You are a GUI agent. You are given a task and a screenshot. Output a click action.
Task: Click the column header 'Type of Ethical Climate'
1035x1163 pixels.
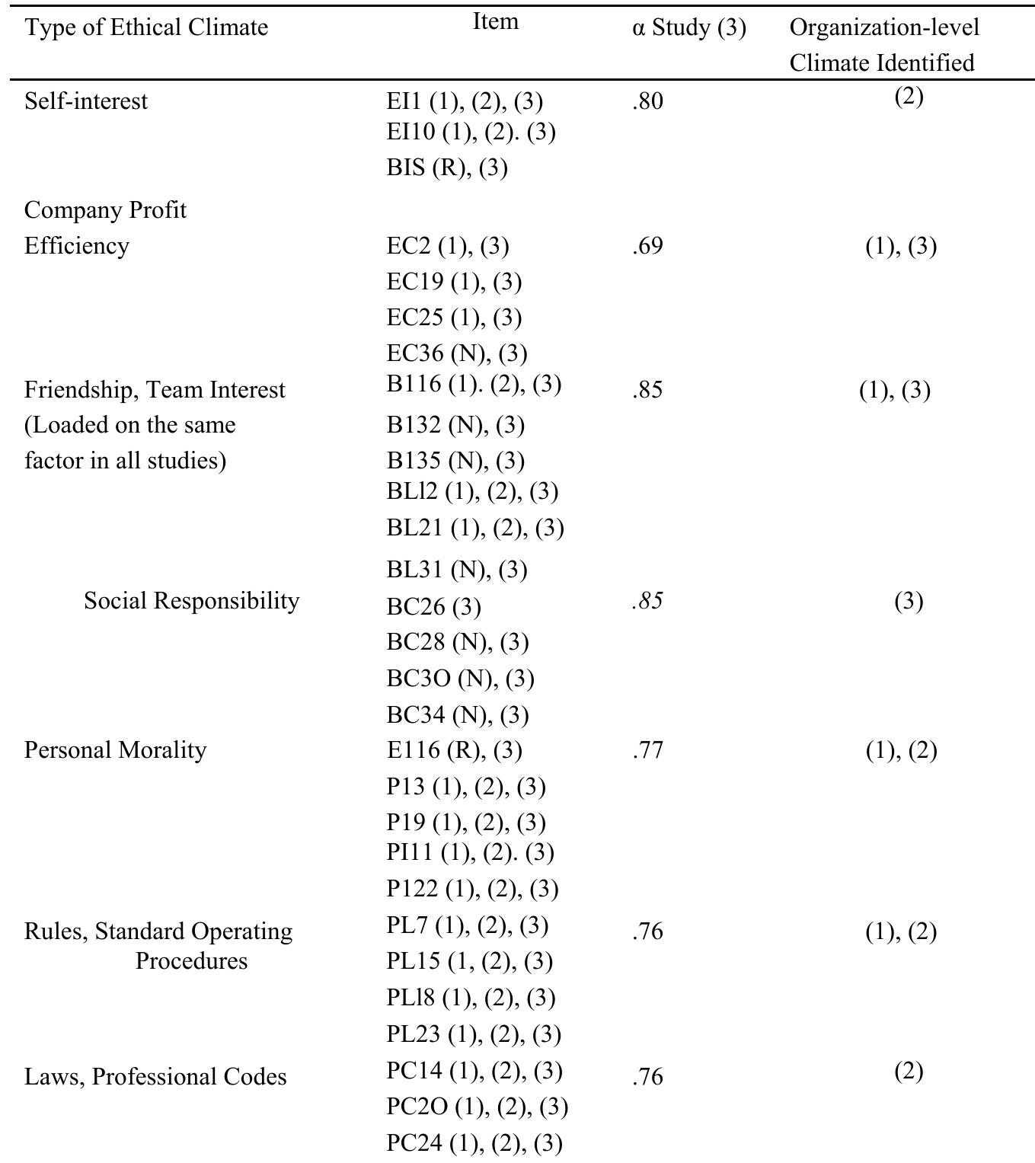[x=146, y=28]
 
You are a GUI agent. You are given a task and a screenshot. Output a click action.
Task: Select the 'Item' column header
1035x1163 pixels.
[x=496, y=21]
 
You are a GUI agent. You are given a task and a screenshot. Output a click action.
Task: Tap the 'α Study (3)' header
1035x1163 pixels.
[x=688, y=28]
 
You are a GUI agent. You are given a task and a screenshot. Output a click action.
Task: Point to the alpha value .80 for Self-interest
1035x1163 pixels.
[x=647, y=101]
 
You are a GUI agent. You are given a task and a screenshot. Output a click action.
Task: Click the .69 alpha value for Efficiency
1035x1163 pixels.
[x=647, y=246]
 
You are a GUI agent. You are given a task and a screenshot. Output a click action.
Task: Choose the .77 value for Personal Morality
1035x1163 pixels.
[x=647, y=750]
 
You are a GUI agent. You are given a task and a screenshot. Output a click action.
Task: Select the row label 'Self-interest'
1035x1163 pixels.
[x=86, y=101]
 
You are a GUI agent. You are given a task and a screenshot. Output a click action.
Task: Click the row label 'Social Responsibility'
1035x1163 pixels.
[x=192, y=601]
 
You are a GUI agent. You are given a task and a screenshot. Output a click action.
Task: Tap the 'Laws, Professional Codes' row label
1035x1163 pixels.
[x=155, y=1077]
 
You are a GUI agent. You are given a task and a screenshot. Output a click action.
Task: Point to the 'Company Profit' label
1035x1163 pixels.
[x=105, y=210]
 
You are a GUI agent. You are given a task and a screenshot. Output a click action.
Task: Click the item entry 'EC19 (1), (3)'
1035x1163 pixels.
[x=454, y=282]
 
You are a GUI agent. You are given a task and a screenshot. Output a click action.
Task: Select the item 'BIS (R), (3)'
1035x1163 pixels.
[x=447, y=168]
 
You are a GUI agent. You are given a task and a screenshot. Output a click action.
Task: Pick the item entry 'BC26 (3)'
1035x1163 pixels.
[x=433, y=607]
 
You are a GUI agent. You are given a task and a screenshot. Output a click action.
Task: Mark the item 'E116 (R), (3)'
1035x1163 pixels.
[x=454, y=750]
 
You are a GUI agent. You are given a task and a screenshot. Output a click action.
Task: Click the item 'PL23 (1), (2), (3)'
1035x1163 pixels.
[x=474, y=1034]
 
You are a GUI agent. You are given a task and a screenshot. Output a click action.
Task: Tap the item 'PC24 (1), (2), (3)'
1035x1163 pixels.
[x=474, y=1143]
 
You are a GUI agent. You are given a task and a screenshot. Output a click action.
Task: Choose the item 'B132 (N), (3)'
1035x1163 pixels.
[x=455, y=425]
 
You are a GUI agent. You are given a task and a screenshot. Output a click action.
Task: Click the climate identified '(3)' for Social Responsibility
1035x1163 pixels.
[x=909, y=602]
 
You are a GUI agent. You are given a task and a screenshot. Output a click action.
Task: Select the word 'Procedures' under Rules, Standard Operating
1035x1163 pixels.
[x=192, y=961]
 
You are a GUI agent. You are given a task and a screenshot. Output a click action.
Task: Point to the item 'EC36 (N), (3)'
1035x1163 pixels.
[x=457, y=353]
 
